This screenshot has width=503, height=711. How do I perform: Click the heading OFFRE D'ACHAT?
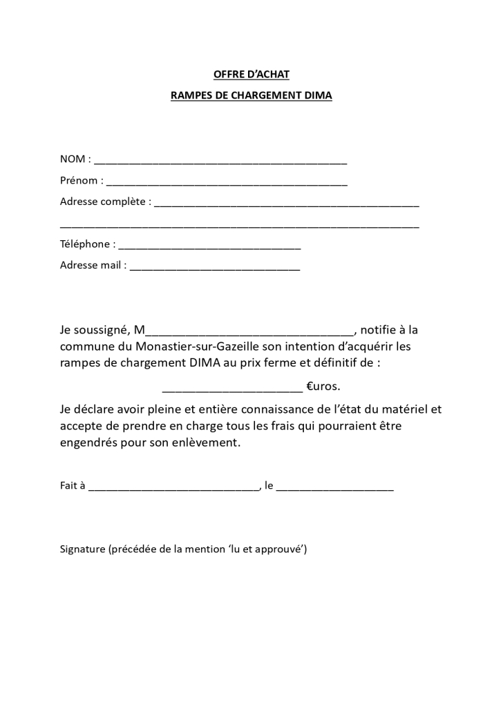pyautogui.click(x=251, y=74)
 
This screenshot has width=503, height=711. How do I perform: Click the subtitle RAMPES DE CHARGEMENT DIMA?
pyautogui.click(x=251, y=96)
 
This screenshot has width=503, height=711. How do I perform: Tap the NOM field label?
pyautogui.click(x=73, y=159)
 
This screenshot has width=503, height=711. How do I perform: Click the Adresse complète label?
pyautogui.click(x=104, y=202)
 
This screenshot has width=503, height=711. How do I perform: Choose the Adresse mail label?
pyautogui.click(x=91, y=266)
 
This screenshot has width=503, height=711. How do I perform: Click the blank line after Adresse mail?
pyautogui.click(x=215, y=267)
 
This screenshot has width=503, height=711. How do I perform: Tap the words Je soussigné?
pyautogui.click(x=94, y=330)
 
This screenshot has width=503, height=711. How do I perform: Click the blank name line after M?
pyautogui.click(x=249, y=332)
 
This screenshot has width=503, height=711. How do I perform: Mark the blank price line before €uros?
pyautogui.click(x=231, y=388)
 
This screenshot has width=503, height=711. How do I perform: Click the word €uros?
pyautogui.click(x=323, y=386)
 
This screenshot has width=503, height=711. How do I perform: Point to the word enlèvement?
pyautogui.click(x=207, y=442)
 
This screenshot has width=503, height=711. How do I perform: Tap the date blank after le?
pyautogui.click(x=335, y=487)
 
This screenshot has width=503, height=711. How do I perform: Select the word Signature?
pyautogui.click(x=82, y=549)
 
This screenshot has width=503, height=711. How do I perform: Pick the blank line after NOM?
pyautogui.click(x=220, y=162)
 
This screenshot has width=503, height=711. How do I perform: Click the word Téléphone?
pyautogui.click(x=85, y=244)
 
